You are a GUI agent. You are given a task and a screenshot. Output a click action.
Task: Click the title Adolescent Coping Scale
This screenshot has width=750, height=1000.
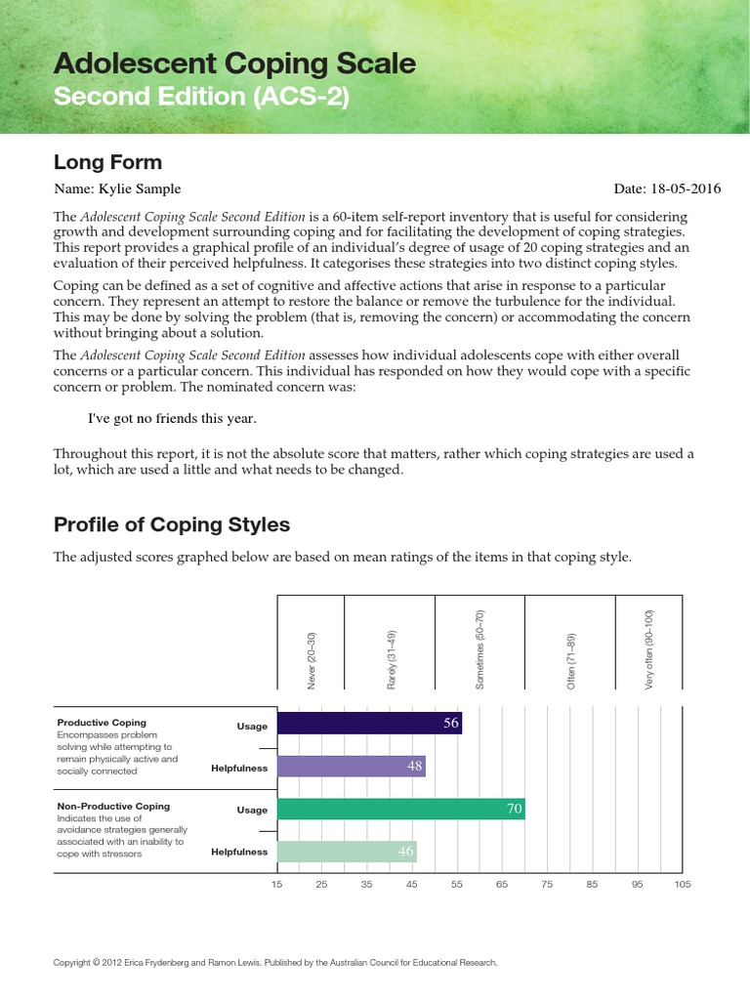tap(234, 64)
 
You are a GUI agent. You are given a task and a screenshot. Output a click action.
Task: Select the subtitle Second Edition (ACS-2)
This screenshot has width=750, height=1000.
tap(200, 98)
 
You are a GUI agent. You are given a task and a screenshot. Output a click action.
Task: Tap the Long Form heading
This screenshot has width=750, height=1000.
tap(107, 162)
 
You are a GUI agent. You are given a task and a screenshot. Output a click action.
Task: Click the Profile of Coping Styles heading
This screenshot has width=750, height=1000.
tap(172, 524)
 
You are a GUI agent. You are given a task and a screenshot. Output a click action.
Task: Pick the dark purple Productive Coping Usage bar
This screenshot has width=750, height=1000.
tap(369, 724)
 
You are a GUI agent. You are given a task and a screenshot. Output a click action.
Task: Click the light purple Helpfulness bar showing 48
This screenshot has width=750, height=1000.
tap(352, 767)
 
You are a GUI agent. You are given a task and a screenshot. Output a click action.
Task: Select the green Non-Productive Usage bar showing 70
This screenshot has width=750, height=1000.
tap(400, 809)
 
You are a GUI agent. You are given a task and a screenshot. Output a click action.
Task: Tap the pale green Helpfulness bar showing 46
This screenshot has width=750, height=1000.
tap(347, 852)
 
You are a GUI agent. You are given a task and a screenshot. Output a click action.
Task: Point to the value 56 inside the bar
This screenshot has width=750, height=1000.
tap(450, 724)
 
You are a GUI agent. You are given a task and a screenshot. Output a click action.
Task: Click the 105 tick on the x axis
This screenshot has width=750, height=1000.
tap(682, 885)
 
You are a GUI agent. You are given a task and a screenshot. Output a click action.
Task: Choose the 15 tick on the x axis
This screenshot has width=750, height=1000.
tap(277, 885)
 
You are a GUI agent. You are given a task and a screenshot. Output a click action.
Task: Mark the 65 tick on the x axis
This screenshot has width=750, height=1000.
tap(502, 885)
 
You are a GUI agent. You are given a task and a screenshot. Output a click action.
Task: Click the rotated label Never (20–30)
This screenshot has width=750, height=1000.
tap(312, 661)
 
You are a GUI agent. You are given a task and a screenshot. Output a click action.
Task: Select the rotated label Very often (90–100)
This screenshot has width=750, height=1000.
tap(648, 649)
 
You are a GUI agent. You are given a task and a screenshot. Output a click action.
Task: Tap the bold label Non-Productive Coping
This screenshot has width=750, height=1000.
tap(113, 806)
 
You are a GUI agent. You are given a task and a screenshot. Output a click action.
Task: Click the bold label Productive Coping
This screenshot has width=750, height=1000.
tap(102, 722)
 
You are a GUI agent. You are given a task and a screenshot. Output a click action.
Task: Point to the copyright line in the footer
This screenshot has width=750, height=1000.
tap(275, 963)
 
